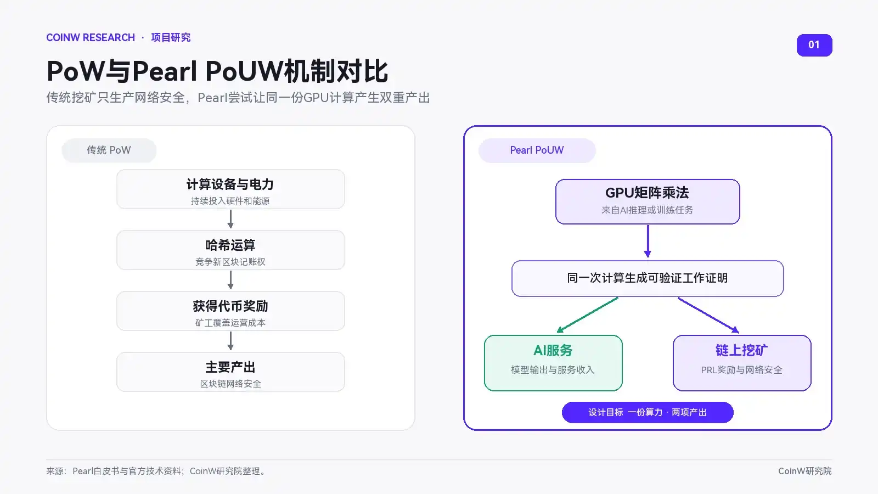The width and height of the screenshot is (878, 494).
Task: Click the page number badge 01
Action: pyautogui.click(x=814, y=45)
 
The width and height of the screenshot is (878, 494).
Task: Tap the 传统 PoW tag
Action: pyautogui.click(x=109, y=150)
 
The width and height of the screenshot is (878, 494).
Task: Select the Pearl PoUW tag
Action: pyautogui.click(x=537, y=150)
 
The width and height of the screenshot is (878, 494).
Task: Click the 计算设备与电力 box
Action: pyautogui.click(x=230, y=189)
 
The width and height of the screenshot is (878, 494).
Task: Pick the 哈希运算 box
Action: pyautogui.click(x=230, y=250)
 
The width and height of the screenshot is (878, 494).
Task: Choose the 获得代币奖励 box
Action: pyautogui.click(x=230, y=311)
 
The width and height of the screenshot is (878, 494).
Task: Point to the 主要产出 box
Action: pyautogui.click(x=230, y=372)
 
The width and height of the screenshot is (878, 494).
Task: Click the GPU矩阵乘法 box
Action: pyautogui.click(x=648, y=201)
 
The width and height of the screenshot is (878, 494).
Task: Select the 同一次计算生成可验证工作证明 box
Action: pyautogui.click(x=648, y=278)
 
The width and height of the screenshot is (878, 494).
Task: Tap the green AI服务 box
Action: pyautogui.click(x=553, y=363)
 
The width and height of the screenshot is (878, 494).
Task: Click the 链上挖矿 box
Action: pyautogui.click(x=742, y=363)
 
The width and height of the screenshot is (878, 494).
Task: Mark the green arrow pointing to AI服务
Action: pyautogui.click(x=588, y=315)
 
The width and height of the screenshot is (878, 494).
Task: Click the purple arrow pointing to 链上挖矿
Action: pyautogui.click(x=708, y=315)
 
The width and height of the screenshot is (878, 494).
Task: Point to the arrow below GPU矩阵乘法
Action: pyautogui.click(x=648, y=241)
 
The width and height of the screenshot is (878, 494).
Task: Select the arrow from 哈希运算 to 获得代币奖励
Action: pyautogui.click(x=230, y=280)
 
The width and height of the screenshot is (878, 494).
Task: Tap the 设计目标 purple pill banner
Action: pyautogui.click(x=648, y=412)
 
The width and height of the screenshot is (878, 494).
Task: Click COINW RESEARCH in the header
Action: pyautogui.click(x=91, y=38)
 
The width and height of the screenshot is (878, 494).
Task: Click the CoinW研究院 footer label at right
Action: pyautogui.click(x=804, y=471)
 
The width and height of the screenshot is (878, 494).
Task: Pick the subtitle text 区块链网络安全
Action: pyautogui.click(x=230, y=384)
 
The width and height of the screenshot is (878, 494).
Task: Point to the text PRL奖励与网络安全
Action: pyautogui.click(x=741, y=370)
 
